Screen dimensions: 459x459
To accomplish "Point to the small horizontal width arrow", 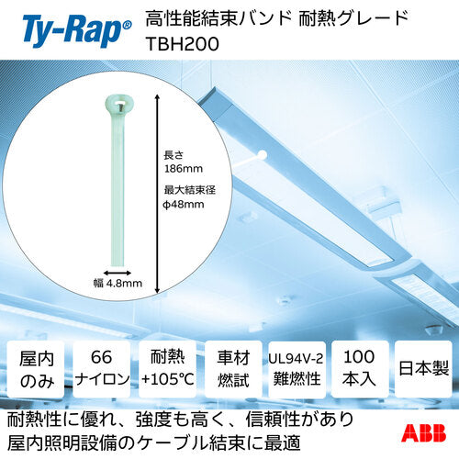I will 117,271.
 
